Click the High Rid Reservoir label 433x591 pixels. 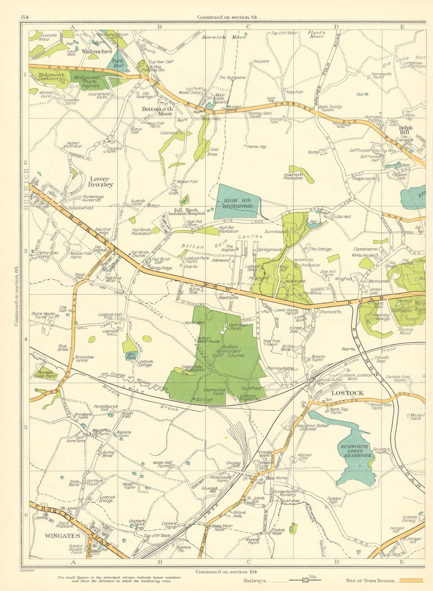click(238, 203)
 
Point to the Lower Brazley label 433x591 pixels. click(102, 181)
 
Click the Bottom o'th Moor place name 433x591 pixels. click(158, 111)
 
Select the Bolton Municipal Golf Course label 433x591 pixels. click(233, 351)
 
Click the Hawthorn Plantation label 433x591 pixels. click(293, 176)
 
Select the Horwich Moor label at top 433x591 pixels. click(224, 37)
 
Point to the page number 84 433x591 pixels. click(25, 17)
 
